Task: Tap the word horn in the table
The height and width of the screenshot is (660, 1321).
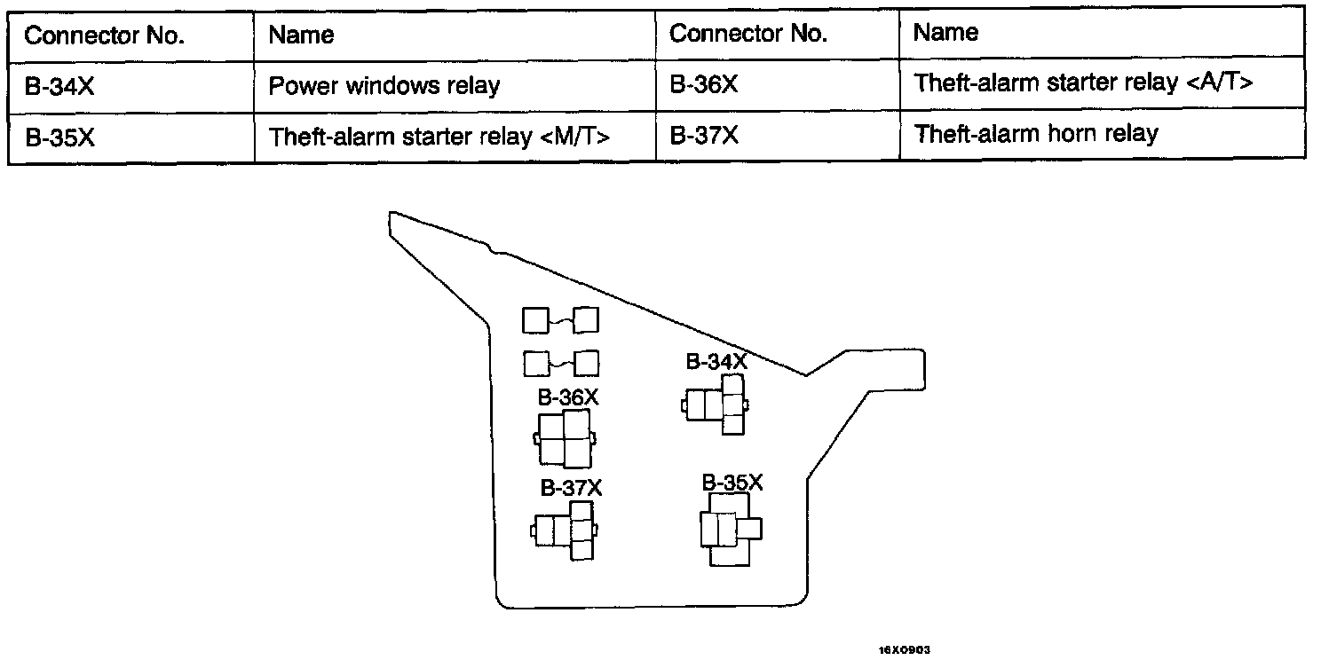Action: [x=1072, y=134]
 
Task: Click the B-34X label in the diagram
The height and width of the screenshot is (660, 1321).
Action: [x=716, y=361]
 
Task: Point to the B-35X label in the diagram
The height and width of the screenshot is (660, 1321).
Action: [x=732, y=483]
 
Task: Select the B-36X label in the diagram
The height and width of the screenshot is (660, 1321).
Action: [x=568, y=397]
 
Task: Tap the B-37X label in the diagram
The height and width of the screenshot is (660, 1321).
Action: [x=572, y=489]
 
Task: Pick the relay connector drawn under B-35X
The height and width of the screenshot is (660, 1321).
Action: [x=729, y=530]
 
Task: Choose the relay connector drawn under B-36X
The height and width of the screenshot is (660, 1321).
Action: [x=565, y=438]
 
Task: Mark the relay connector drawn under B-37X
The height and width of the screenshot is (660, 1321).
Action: [x=565, y=530]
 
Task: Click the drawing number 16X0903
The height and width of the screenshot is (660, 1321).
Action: [x=904, y=650]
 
